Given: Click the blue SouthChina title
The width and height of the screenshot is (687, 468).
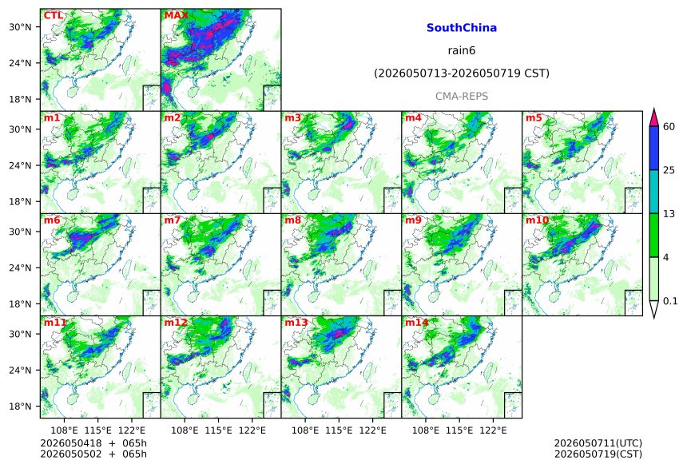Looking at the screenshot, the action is click(462, 28).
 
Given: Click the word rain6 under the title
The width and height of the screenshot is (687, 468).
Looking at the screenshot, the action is click(462, 50).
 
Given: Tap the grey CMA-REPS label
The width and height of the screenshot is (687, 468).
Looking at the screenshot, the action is click(462, 96).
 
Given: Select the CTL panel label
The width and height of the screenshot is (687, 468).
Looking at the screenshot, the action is click(53, 15).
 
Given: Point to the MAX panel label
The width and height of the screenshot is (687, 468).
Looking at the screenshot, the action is click(176, 15).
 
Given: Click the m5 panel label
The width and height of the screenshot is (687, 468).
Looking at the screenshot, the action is click(534, 118).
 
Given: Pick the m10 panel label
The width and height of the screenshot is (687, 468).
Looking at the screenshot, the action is click(537, 220).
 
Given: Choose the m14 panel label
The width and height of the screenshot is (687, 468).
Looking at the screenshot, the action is click(417, 323).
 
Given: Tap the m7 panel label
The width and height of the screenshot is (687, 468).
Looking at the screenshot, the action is click(173, 220).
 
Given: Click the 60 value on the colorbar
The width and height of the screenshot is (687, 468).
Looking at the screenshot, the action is click(669, 127).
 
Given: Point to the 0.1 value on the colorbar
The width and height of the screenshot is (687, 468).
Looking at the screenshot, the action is click(670, 301).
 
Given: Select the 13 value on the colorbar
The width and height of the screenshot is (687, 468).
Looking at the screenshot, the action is click(669, 214).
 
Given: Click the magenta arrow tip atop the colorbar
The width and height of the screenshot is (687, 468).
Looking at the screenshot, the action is click(653, 109).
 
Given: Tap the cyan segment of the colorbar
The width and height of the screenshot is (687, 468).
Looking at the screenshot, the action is click(653, 192).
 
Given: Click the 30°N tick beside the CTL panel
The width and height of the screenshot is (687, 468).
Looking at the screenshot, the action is click(20, 27).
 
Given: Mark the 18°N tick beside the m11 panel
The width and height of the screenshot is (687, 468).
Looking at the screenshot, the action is click(20, 407).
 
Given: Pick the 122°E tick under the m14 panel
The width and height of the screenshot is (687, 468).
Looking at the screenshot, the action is click(493, 430).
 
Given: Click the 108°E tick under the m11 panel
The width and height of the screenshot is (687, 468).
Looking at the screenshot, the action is click(65, 430).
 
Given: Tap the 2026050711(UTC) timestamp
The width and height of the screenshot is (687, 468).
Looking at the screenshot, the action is click(598, 443).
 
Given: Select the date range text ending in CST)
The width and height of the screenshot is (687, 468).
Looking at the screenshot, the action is click(462, 73).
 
